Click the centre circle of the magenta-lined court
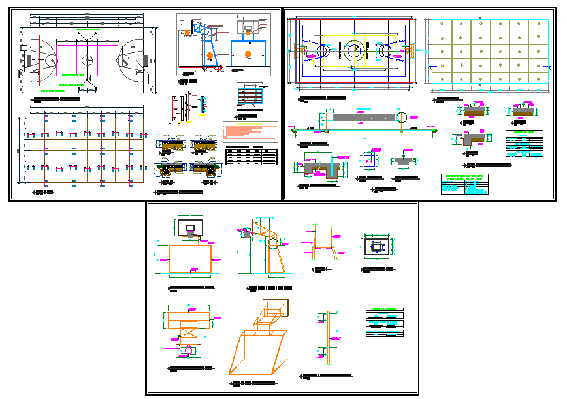(86, 59)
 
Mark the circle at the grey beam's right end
(402, 116)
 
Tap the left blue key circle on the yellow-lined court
(323, 50)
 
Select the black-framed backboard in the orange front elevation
(189, 227)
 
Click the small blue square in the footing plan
(377, 247)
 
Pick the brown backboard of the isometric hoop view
(274, 308)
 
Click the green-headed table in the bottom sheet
(385, 322)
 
